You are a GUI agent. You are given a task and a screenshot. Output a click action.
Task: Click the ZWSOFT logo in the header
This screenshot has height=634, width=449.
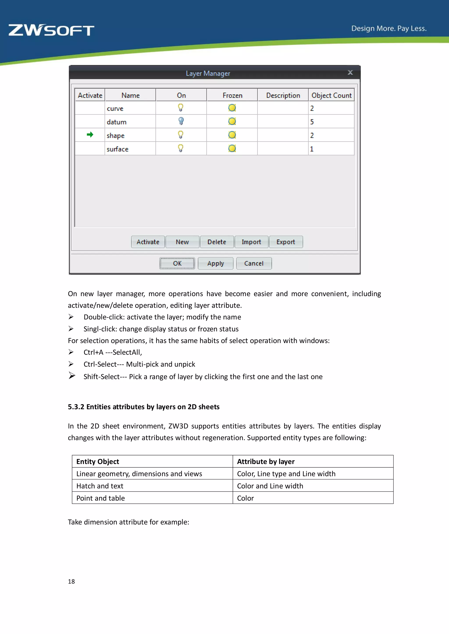tap(52, 30)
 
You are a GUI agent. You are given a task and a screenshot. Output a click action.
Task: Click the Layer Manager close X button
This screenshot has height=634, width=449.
tap(350, 73)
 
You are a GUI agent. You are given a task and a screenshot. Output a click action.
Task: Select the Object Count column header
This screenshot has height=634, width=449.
tap(331, 95)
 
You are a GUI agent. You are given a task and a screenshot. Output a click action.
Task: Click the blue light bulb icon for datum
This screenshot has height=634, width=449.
tap(181, 121)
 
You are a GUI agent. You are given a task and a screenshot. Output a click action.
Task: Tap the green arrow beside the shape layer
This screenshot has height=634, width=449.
tap(90, 135)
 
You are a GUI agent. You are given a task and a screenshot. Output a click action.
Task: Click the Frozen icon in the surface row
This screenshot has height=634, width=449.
tap(232, 149)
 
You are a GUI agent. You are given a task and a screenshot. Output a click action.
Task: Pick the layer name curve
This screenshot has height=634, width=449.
tap(115, 109)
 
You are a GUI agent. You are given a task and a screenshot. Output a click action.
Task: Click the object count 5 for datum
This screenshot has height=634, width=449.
tap(312, 122)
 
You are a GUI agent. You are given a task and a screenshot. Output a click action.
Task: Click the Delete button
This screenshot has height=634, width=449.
tap(217, 242)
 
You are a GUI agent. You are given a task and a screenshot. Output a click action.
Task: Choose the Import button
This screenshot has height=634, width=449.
tap(251, 242)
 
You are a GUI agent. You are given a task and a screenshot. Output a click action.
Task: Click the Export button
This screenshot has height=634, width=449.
tap(286, 242)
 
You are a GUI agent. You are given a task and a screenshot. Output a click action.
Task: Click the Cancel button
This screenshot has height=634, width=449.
tap(254, 263)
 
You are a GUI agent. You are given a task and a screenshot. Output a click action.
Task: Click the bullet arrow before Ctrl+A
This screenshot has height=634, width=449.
tap(71, 352)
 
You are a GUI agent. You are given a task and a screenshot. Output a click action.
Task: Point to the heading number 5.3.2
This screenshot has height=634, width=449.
tap(76, 407)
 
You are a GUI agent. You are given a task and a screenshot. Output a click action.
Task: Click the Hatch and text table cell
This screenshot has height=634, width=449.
tap(100, 486)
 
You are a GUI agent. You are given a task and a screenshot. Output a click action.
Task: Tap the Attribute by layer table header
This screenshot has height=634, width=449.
tap(266, 462)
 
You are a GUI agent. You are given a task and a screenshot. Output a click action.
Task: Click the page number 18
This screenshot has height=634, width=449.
tap(71, 581)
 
